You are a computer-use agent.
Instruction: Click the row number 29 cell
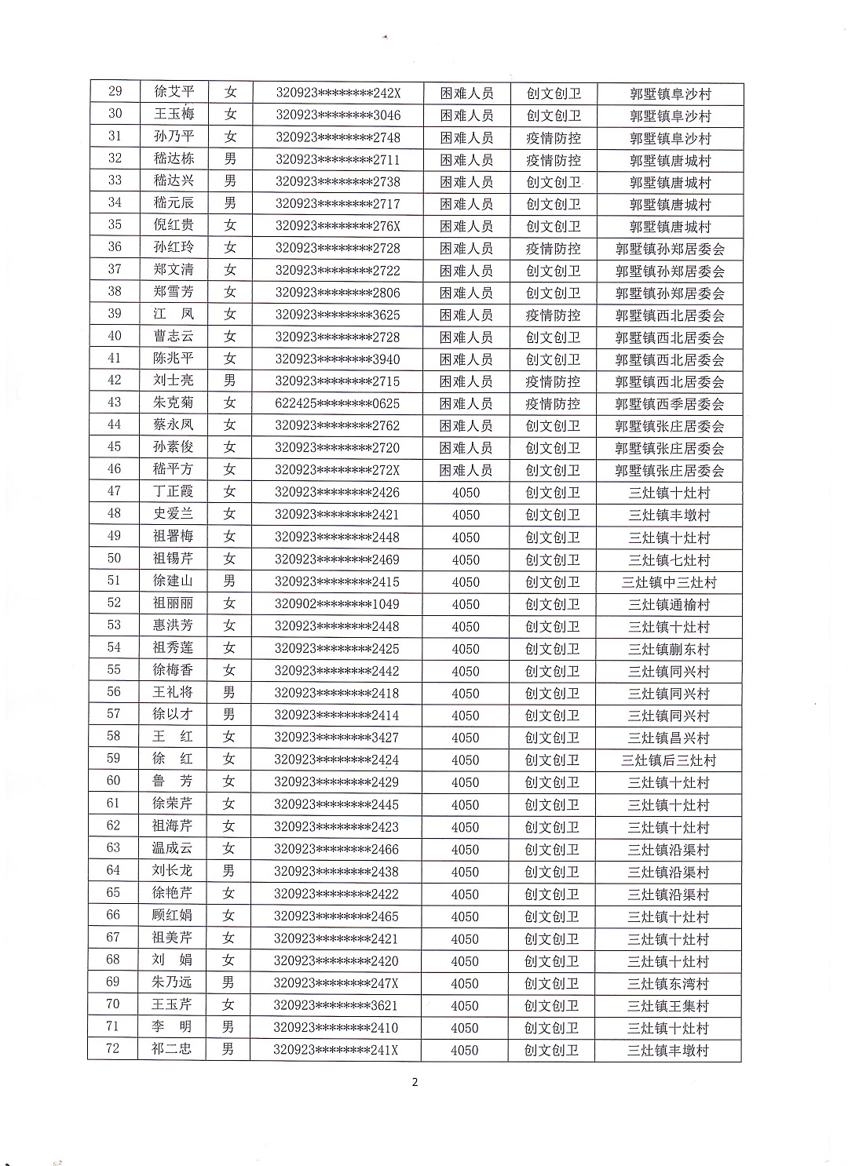(115, 92)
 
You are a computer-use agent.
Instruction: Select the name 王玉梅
(174, 115)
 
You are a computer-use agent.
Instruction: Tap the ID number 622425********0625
(337, 403)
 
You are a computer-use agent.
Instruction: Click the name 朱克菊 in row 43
(174, 403)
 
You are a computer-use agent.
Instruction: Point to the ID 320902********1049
(337, 604)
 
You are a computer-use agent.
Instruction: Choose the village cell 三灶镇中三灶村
(669, 582)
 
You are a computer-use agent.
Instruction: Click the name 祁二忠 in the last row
(171, 1049)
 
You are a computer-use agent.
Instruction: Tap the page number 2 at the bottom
(415, 1083)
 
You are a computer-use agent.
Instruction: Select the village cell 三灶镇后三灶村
(669, 760)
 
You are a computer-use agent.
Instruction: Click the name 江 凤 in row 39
(174, 315)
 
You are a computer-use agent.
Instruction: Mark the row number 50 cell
(114, 559)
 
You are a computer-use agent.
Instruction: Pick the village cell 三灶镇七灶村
(669, 560)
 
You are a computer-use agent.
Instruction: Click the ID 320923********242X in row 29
(338, 93)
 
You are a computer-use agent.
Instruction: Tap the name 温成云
(172, 849)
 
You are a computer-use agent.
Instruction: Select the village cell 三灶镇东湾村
(668, 983)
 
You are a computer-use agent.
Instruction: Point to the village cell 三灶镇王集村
(668, 1006)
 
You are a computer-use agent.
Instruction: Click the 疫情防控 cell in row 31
(554, 138)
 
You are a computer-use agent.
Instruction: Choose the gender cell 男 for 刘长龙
(228, 871)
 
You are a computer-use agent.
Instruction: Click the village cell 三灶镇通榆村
(669, 605)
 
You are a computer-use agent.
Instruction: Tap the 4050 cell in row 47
(466, 493)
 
